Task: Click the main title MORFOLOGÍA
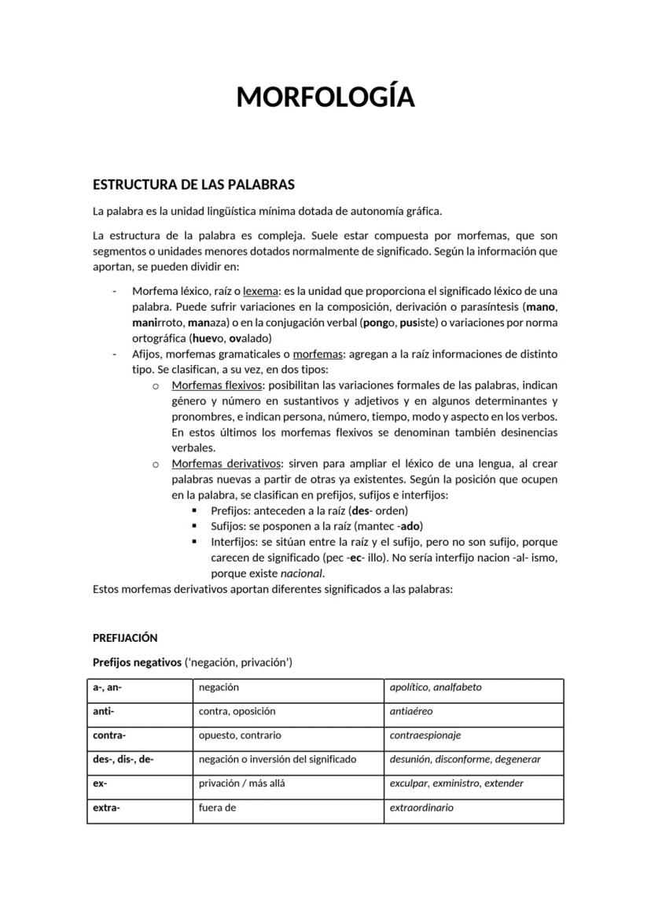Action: click(x=325, y=97)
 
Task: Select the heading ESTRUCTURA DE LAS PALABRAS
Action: click(x=193, y=185)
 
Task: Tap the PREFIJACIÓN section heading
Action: click(x=125, y=638)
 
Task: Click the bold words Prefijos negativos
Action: click(x=137, y=662)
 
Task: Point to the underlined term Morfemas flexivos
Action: click(x=217, y=385)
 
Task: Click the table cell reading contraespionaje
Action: click(x=425, y=735)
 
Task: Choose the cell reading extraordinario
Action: click(x=421, y=807)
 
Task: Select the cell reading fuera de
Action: click(x=218, y=807)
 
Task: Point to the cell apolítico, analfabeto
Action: click(x=436, y=687)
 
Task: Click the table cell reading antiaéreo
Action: click(x=411, y=711)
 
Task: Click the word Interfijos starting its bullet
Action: click(x=233, y=542)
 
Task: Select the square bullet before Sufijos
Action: click(x=194, y=526)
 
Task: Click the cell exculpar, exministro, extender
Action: click(x=456, y=783)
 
